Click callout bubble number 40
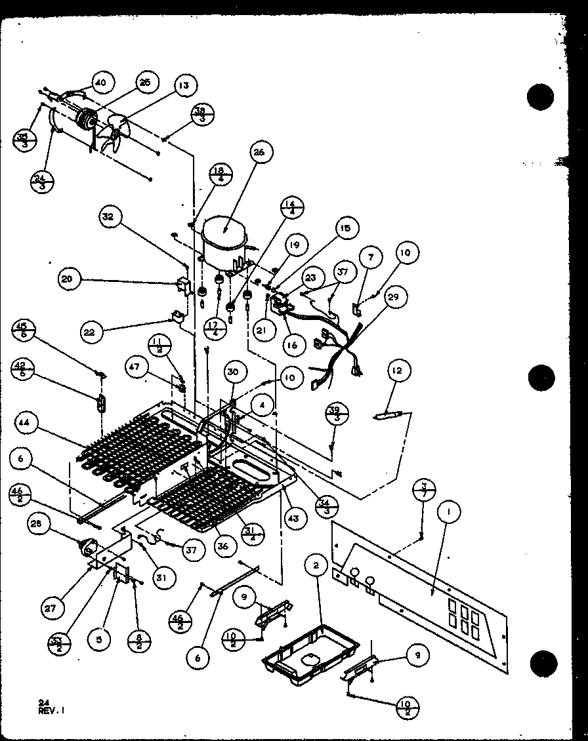point(100,83)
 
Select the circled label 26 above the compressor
point(258,152)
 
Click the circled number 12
point(396,372)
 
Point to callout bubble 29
point(411,297)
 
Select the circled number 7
point(371,257)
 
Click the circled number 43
point(293,518)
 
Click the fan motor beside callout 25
point(85,122)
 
